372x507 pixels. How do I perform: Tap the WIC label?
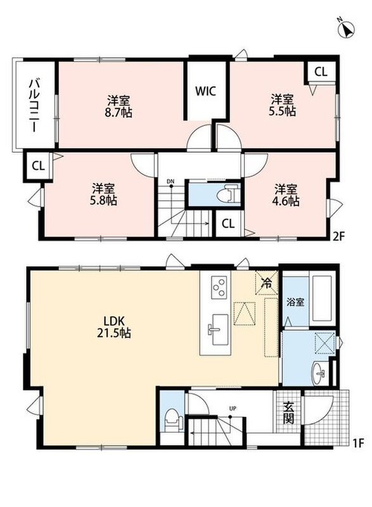pos(205,91)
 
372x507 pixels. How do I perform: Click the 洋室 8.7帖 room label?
pos(120,106)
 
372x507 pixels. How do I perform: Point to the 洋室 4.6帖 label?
pos(286,195)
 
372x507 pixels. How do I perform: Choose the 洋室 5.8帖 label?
pos(103,195)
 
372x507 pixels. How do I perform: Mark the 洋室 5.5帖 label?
pos(282,105)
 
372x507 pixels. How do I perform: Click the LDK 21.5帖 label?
pos(114,326)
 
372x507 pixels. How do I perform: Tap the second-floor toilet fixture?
pos(227,193)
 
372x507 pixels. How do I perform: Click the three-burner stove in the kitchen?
pos(219,287)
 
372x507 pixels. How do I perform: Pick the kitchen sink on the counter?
pos(217,330)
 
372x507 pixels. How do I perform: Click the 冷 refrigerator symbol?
pos(267,283)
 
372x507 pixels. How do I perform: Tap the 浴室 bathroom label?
pos(295,302)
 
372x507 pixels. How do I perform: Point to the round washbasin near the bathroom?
pos(319,373)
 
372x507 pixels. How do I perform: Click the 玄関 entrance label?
pos(288,413)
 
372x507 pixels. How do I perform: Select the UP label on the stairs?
pos(233,408)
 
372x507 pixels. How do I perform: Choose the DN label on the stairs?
pos(170,182)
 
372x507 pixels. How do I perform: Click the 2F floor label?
pos(339,236)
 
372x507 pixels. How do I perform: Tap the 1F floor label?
pos(358,442)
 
